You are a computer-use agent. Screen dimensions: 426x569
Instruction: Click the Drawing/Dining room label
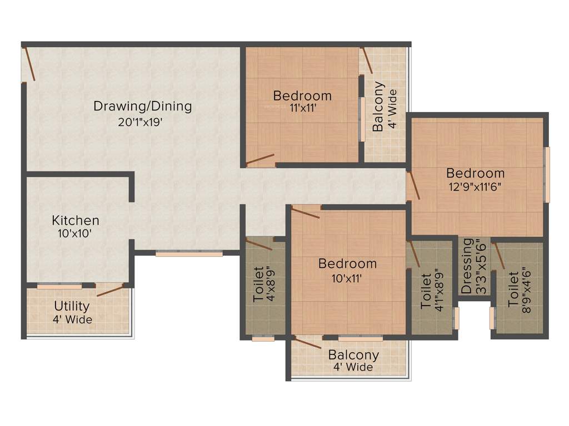click(142, 105)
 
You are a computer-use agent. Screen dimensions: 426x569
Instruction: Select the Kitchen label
click(76, 220)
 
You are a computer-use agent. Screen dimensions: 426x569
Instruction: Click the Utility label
click(72, 306)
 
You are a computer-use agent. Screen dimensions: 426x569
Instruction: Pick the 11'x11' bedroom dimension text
click(302, 109)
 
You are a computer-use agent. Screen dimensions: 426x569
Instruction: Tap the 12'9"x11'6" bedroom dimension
click(475, 186)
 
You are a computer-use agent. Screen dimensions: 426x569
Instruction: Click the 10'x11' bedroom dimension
click(347, 277)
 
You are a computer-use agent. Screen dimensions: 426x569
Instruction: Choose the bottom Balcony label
click(353, 354)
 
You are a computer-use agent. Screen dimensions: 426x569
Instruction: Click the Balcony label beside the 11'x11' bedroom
click(378, 107)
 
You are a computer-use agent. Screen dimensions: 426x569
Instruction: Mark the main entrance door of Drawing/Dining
click(28, 65)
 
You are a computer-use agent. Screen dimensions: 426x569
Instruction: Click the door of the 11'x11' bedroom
click(260, 161)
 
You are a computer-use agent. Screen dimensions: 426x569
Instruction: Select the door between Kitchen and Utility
click(109, 290)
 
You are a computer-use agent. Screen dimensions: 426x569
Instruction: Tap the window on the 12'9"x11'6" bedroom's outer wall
click(547, 175)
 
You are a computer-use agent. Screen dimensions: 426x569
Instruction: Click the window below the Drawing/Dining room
click(189, 253)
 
